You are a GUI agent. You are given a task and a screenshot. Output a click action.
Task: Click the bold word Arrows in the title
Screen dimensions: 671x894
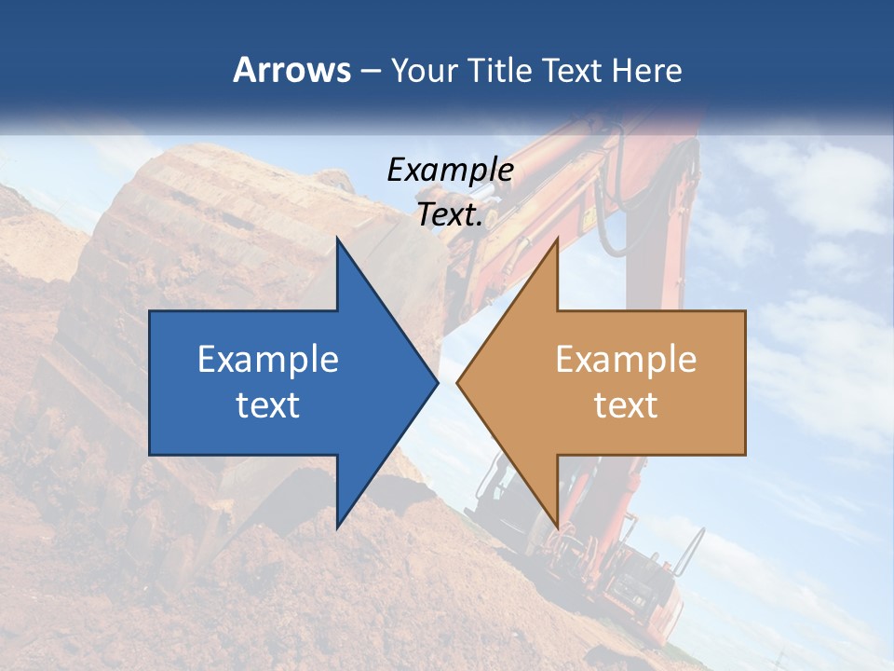click(x=292, y=70)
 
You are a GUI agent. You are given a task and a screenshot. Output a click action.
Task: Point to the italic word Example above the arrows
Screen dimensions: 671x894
click(x=450, y=170)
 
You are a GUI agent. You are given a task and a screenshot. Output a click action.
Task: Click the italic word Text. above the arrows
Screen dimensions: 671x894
click(x=450, y=214)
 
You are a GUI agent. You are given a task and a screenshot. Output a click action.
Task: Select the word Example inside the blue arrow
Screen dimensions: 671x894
click(x=268, y=359)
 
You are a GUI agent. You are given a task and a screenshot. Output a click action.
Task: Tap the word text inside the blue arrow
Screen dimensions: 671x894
click(x=268, y=404)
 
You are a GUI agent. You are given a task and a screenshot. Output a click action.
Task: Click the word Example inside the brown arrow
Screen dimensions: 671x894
click(x=626, y=359)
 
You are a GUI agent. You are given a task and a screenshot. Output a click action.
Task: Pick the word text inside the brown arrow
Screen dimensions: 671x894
click(x=626, y=404)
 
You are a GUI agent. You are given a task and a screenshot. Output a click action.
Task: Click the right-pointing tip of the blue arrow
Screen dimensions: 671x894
click(x=436, y=382)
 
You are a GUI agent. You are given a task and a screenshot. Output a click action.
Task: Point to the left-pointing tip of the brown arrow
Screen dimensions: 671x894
click(x=458, y=382)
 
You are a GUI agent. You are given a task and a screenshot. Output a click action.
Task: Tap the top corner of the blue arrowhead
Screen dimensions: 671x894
click(x=338, y=239)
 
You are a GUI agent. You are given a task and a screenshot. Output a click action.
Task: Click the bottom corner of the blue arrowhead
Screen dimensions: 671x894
click(x=338, y=527)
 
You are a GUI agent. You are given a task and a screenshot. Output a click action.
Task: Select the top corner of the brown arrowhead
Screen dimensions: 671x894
click(x=557, y=239)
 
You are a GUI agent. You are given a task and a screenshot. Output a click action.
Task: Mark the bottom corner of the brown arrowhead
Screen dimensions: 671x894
click(x=557, y=527)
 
